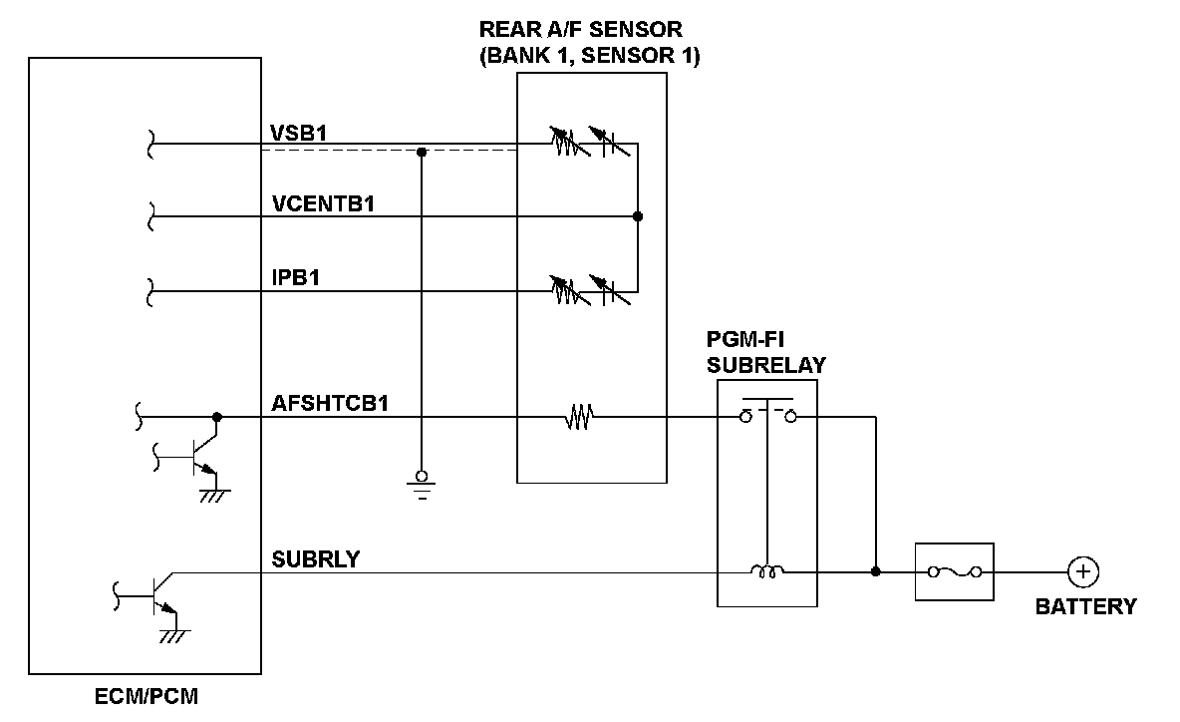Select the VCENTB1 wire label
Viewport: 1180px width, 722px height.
point(330,204)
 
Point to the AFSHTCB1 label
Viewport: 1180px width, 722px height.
point(330,404)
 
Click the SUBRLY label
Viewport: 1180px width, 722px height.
point(316,558)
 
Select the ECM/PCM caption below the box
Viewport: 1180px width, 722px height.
point(147,696)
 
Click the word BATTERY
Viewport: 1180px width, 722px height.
point(1086,606)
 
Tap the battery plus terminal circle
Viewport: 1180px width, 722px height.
point(1082,571)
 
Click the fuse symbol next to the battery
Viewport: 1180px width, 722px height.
point(954,571)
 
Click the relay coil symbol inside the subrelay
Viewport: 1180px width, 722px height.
point(766,571)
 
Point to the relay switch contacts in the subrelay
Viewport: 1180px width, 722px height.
point(767,412)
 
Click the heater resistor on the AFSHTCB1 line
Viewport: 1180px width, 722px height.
point(579,418)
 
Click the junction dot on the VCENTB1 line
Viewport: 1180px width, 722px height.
point(638,216)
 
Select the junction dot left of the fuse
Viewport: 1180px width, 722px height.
point(875,571)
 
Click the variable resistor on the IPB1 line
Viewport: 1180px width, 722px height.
point(566,290)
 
